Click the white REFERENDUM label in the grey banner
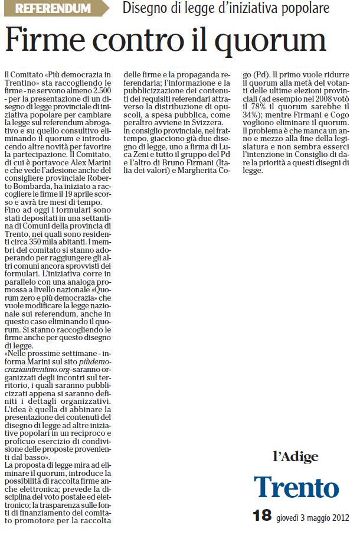click(x=53, y=9)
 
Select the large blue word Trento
click(x=296, y=487)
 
